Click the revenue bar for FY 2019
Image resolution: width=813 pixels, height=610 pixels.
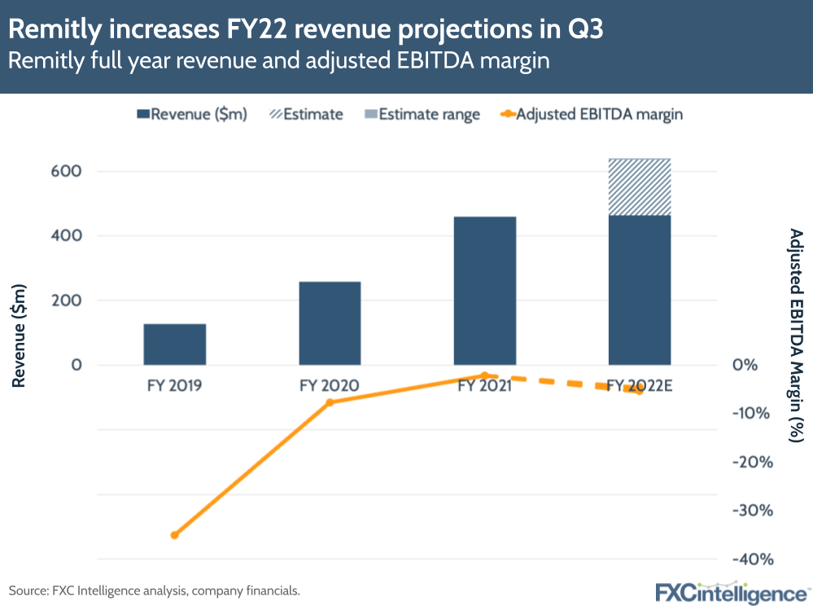(174, 344)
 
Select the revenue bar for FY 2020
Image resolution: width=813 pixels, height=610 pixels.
(330, 323)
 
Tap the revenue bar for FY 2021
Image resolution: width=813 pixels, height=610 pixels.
(485, 290)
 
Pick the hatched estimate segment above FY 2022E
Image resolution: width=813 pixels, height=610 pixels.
(640, 187)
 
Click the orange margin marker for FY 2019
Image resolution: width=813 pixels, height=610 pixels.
(174, 535)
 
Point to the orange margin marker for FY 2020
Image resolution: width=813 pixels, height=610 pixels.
(330, 402)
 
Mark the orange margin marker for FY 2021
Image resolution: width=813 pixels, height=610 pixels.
(485, 375)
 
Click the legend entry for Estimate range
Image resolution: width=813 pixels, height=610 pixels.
(429, 114)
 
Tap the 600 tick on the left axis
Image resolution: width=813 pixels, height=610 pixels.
(68, 172)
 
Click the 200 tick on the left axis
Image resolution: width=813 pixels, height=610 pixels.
(68, 301)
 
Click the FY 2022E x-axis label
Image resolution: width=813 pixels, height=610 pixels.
(640, 386)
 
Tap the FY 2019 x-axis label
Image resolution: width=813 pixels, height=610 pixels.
(174, 386)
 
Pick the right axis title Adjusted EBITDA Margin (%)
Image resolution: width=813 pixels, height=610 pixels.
(797, 335)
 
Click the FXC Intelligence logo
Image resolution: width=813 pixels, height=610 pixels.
(732, 592)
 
